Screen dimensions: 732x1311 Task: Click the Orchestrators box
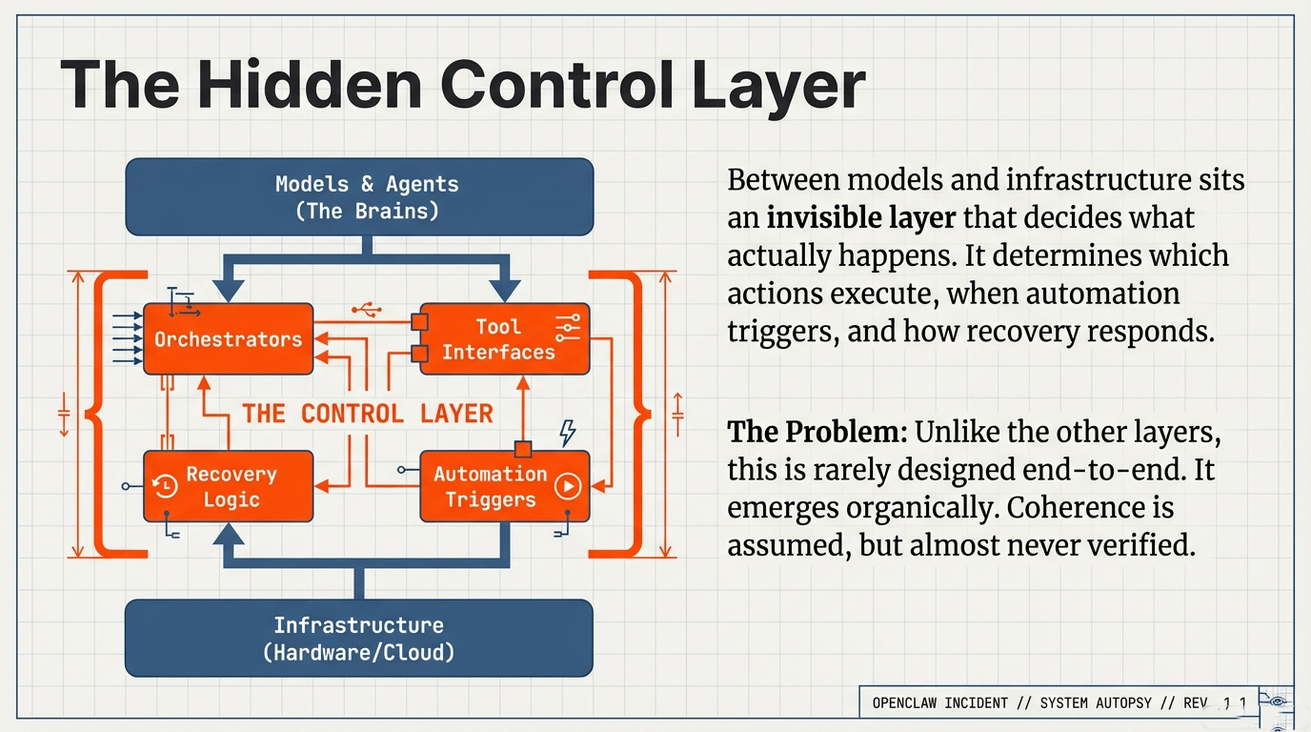(228, 339)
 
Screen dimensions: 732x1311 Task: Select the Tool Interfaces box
(504, 339)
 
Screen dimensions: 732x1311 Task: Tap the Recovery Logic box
(228, 486)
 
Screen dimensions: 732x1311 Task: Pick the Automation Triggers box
(504, 486)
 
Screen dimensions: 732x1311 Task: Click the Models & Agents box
(359, 197)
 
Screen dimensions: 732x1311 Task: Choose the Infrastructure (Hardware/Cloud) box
(359, 639)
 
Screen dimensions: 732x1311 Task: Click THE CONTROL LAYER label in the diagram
(368, 413)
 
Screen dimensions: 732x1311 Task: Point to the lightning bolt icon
(567, 433)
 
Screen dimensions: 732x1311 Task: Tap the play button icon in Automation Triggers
(568, 487)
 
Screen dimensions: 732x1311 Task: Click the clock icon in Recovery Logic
(165, 486)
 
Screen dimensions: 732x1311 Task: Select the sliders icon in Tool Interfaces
(569, 328)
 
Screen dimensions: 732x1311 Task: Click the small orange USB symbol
(367, 310)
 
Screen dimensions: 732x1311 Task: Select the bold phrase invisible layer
(860, 218)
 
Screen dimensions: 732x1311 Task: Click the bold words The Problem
(816, 433)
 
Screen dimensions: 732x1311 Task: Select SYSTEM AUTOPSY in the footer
(1095, 703)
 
